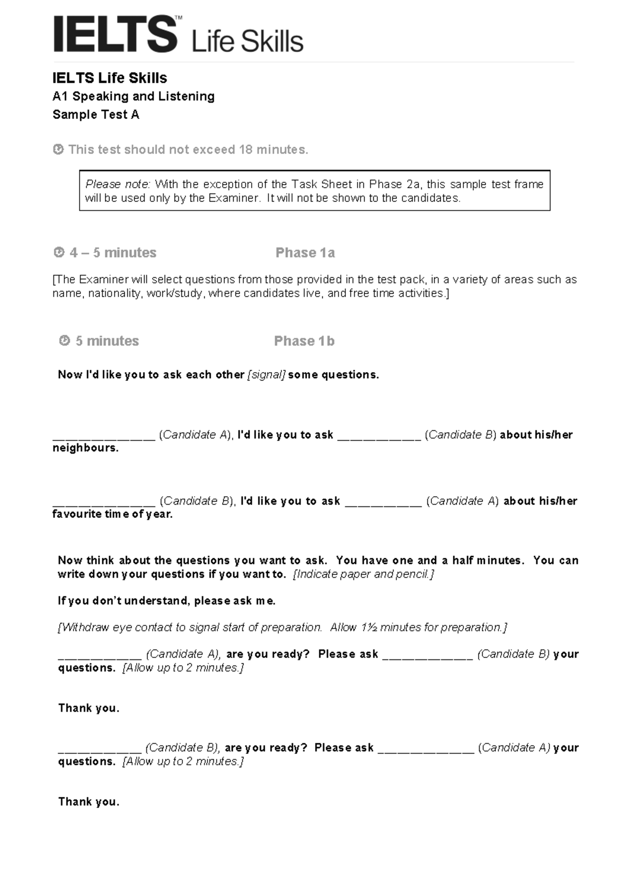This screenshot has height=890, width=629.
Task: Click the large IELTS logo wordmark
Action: coord(115,35)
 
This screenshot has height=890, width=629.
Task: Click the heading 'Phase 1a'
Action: coord(305,253)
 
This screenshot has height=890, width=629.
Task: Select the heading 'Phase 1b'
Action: coord(304,341)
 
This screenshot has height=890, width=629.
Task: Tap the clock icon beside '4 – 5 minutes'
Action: coord(59,253)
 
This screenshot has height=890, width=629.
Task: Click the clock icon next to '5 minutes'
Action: coord(64,341)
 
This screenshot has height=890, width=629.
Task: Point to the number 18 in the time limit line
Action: coord(245,149)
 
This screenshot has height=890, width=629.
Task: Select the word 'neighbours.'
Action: coord(85,448)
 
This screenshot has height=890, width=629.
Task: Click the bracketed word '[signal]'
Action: coord(266,375)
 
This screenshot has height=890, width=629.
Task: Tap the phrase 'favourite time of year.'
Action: coord(112,514)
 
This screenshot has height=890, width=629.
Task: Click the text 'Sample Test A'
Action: coord(96,115)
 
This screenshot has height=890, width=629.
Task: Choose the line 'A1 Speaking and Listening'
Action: coord(133,96)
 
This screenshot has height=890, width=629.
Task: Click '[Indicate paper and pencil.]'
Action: coord(363,574)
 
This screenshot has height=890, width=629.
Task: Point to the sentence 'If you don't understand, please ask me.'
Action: coord(166,601)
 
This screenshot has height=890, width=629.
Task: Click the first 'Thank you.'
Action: coord(89,708)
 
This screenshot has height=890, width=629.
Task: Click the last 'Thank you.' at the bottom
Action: coord(89,802)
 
